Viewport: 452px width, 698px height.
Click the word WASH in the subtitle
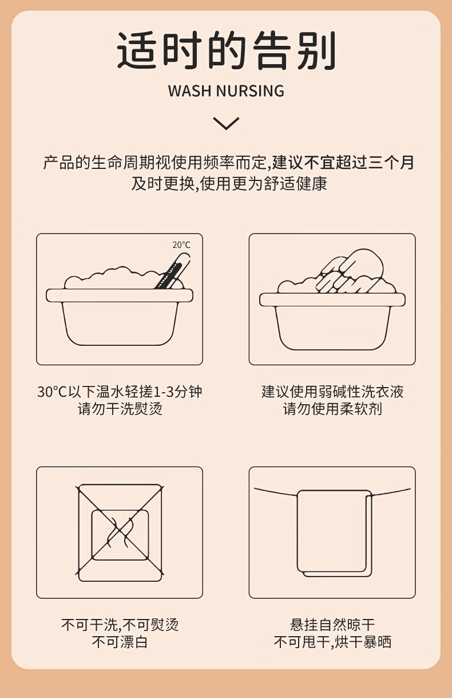click(189, 90)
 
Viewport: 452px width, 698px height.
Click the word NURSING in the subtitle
click(250, 90)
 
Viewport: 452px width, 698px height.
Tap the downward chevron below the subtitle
click(227, 124)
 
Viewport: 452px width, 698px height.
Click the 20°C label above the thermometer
click(181, 245)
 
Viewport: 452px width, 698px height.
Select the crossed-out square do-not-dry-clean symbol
click(120, 533)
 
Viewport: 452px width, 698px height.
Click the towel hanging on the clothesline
click(335, 534)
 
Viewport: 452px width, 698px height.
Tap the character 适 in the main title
click(137, 50)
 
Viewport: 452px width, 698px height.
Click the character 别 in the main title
click(316, 50)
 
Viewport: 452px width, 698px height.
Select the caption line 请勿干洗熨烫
click(120, 409)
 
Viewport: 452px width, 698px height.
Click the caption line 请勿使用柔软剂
click(332, 409)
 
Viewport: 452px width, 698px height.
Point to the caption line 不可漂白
click(120, 642)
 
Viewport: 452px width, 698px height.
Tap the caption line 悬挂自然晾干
click(332, 625)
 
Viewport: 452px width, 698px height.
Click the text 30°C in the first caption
click(52, 392)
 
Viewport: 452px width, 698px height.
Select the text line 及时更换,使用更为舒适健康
click(229, 183)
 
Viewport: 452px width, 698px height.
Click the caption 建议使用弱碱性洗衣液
click(332, 392)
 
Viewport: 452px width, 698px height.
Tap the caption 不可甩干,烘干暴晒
click(332, 642)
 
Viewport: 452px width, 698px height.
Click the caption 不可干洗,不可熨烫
click(120, 625)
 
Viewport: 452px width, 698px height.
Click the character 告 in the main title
click(271, 50)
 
